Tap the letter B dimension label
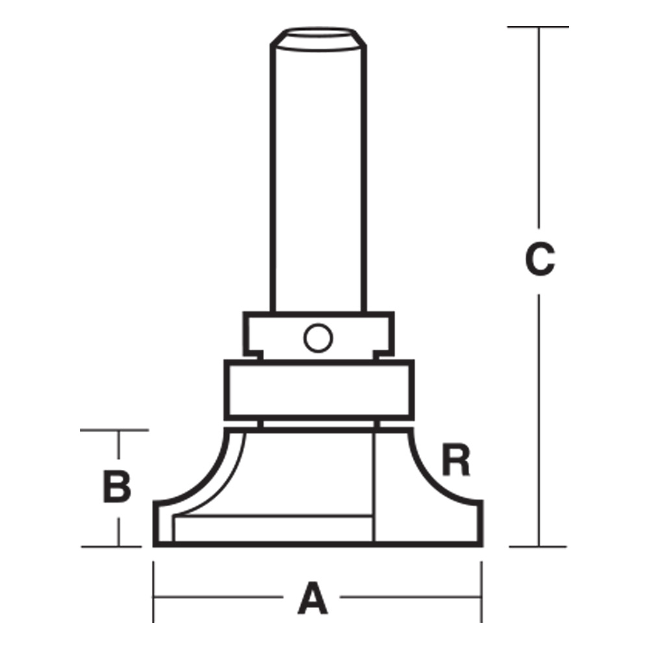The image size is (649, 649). pos(117,487)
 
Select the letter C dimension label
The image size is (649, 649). pos(540,259)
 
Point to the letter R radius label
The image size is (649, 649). pos(456,459)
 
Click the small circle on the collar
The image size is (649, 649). pos(318,338)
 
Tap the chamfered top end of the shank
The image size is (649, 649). pos(318,40)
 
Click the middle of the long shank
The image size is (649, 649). pos(318,178)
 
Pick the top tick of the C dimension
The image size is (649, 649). pos(538,27)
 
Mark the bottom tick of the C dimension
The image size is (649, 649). pos(537,546)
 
